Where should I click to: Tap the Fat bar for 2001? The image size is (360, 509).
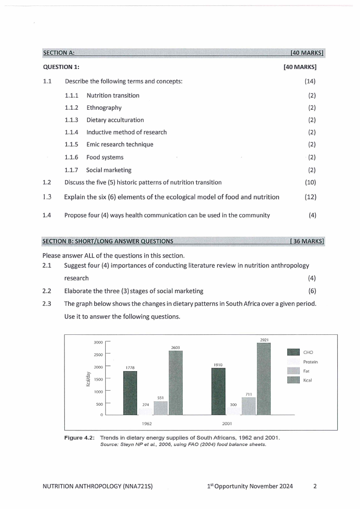tap(248, 406)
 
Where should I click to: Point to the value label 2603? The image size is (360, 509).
tap(175, 347)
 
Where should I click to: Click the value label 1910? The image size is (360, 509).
tap(218, 364)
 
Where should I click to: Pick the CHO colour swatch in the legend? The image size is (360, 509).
tap(294, 352)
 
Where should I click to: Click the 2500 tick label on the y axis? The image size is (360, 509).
tap(98, 354)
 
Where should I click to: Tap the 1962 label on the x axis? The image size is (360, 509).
tap(146, 423)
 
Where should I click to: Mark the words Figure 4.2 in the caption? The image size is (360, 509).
tap(82, 438)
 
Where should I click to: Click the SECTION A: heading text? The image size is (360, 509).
tap(58, 53)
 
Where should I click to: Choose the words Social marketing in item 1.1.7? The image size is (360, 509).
tap(109, 170)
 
